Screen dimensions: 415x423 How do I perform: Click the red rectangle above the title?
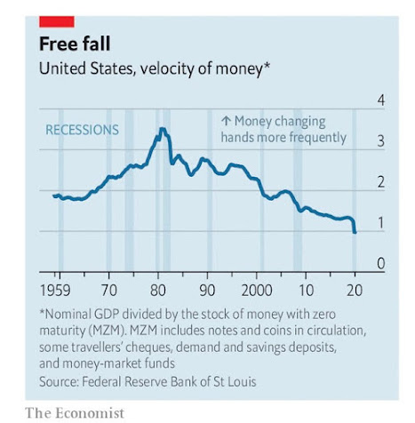57,22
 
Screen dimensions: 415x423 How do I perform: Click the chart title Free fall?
75,44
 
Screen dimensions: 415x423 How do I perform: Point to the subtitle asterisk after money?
267,66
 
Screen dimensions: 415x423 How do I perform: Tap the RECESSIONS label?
82,130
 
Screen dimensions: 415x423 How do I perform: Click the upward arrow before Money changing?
226,121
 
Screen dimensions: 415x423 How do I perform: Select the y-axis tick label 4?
381,100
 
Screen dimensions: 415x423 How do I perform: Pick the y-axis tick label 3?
381,141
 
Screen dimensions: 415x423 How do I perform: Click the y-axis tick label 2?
381,182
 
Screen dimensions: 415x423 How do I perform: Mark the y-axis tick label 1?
381,223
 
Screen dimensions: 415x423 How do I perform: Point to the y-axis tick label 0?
381,263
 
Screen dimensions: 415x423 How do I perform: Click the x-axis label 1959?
55,291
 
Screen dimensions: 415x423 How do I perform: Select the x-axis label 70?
109,291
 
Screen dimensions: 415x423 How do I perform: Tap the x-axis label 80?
158,291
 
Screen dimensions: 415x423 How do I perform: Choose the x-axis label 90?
207,291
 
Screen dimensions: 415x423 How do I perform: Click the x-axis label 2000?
257,291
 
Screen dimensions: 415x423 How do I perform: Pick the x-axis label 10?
306,291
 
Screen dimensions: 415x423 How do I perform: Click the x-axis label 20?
355,291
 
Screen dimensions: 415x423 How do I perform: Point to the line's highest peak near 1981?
163,129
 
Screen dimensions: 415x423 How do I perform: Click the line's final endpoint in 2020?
355,232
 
